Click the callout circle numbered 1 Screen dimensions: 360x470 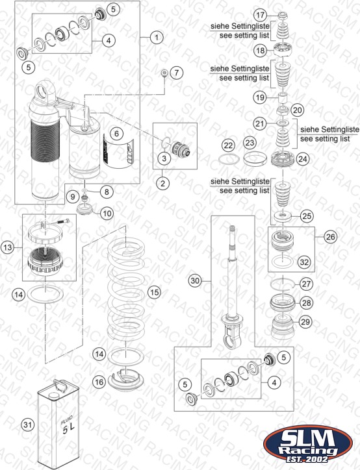click(x=157, y=38)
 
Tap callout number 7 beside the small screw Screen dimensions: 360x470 click(x=176, y=73)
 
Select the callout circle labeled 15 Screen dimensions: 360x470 click(x=154, y=292)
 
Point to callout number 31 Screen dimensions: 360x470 click(x=27, y=425)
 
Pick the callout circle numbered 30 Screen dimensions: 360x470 click(x=195, y=281)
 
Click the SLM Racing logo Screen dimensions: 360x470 click(x=308, y=444)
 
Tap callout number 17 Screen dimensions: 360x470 click(x=260, y=14)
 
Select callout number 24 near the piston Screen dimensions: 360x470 click(x=303, y=158)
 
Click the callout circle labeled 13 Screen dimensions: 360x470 click(x=8, y=247)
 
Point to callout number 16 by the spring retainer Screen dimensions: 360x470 click(x=99, y=382)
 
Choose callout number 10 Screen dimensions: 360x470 click(x=107, y=214)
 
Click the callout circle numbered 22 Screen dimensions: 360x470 click(x=229, y=145)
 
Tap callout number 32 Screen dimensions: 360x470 click(x=304, y=262)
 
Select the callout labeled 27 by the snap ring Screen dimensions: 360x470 click(x=306, y=284)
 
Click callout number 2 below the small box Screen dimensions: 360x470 click(x=163, y=183)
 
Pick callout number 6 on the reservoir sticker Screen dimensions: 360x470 click(x=117, y=134)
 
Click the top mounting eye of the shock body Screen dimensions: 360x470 click(x=45, y=92)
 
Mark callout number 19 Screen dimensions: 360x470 click(x=260, y=97)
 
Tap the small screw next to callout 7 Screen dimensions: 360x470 click(x=164, y=73)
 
